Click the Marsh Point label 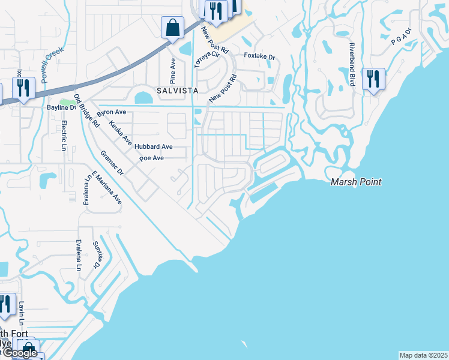(356, 182)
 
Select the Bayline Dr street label (62, 108)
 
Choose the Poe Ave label (151, 158)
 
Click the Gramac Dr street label (112, 163)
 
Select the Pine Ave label (173, 70)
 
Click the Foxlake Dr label (259, 57)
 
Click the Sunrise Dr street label (96, 254)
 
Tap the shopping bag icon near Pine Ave (172, 28)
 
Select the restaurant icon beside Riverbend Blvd (373, 79)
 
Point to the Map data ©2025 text (423, 355)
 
